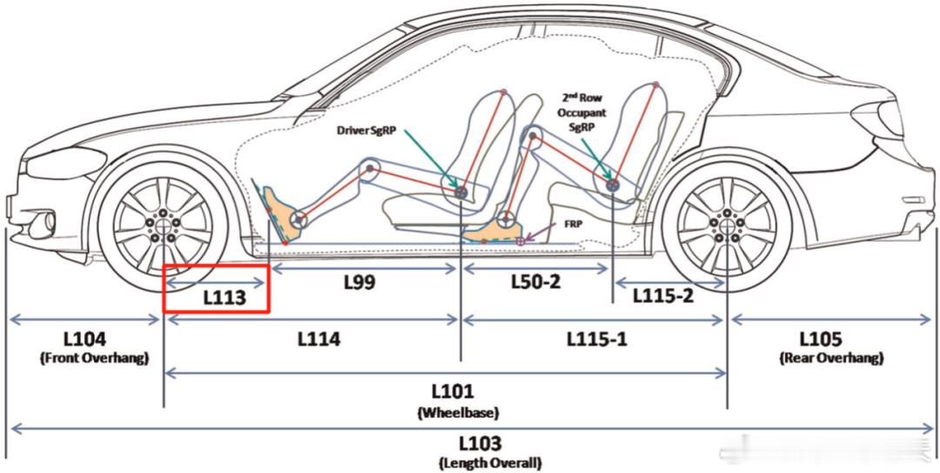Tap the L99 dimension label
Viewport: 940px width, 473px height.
(x=359, y=282)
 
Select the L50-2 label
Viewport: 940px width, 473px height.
(x=536, y=281)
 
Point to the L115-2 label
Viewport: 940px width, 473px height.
(x=663, y=295)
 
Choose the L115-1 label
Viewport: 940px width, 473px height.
(x=597, y=339)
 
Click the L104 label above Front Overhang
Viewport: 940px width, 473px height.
(x=85, y=339)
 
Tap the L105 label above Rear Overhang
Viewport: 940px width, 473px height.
(x=830, y=339)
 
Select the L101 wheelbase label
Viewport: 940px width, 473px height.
(x=453, y=392)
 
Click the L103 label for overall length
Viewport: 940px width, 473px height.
(x=480, y=444)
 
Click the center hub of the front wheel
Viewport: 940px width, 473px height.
(x=163, y=223)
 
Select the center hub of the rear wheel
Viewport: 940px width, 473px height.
(x=727, y=225)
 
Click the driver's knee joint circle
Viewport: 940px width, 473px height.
(x=370, y=169)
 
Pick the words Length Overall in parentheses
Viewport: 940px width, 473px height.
(x=490, y=463)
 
